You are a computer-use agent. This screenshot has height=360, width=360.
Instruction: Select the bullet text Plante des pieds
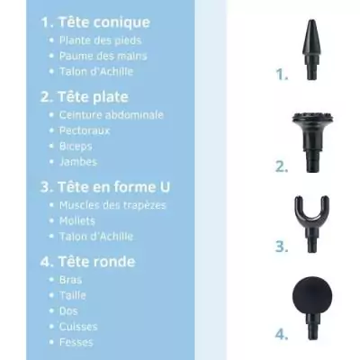pos(100,40)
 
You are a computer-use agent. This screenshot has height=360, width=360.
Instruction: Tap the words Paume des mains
pos(103,56)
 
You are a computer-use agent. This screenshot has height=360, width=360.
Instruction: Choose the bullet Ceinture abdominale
pos(111,115)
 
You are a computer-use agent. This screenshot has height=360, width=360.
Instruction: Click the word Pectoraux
pos(86,130)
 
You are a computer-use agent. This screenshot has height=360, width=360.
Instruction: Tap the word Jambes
pos(78,162)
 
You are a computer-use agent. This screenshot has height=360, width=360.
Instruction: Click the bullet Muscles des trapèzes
pos(112,205)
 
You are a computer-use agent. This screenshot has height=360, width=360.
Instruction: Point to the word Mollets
pos(79,220)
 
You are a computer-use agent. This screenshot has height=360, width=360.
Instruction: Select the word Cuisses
pos(79,326)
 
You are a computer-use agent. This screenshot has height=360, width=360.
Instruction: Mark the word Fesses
pos(77,342)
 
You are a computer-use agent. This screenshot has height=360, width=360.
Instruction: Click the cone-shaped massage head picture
pos(310,49)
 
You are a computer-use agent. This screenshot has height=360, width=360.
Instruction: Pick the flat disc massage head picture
pos(310,131)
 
